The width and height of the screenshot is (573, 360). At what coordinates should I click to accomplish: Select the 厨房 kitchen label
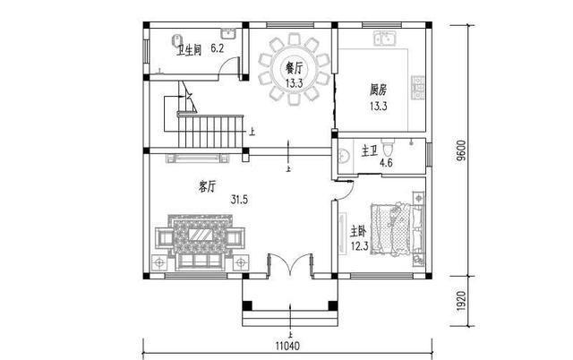coord(379,90)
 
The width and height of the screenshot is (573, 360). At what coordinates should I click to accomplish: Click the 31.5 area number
coord(239,199)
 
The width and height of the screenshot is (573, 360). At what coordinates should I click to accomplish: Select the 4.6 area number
coord(387,164)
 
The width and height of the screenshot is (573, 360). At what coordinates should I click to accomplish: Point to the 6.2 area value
coord(217,48)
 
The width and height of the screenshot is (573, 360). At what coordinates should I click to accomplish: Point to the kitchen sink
coord(389,39)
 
